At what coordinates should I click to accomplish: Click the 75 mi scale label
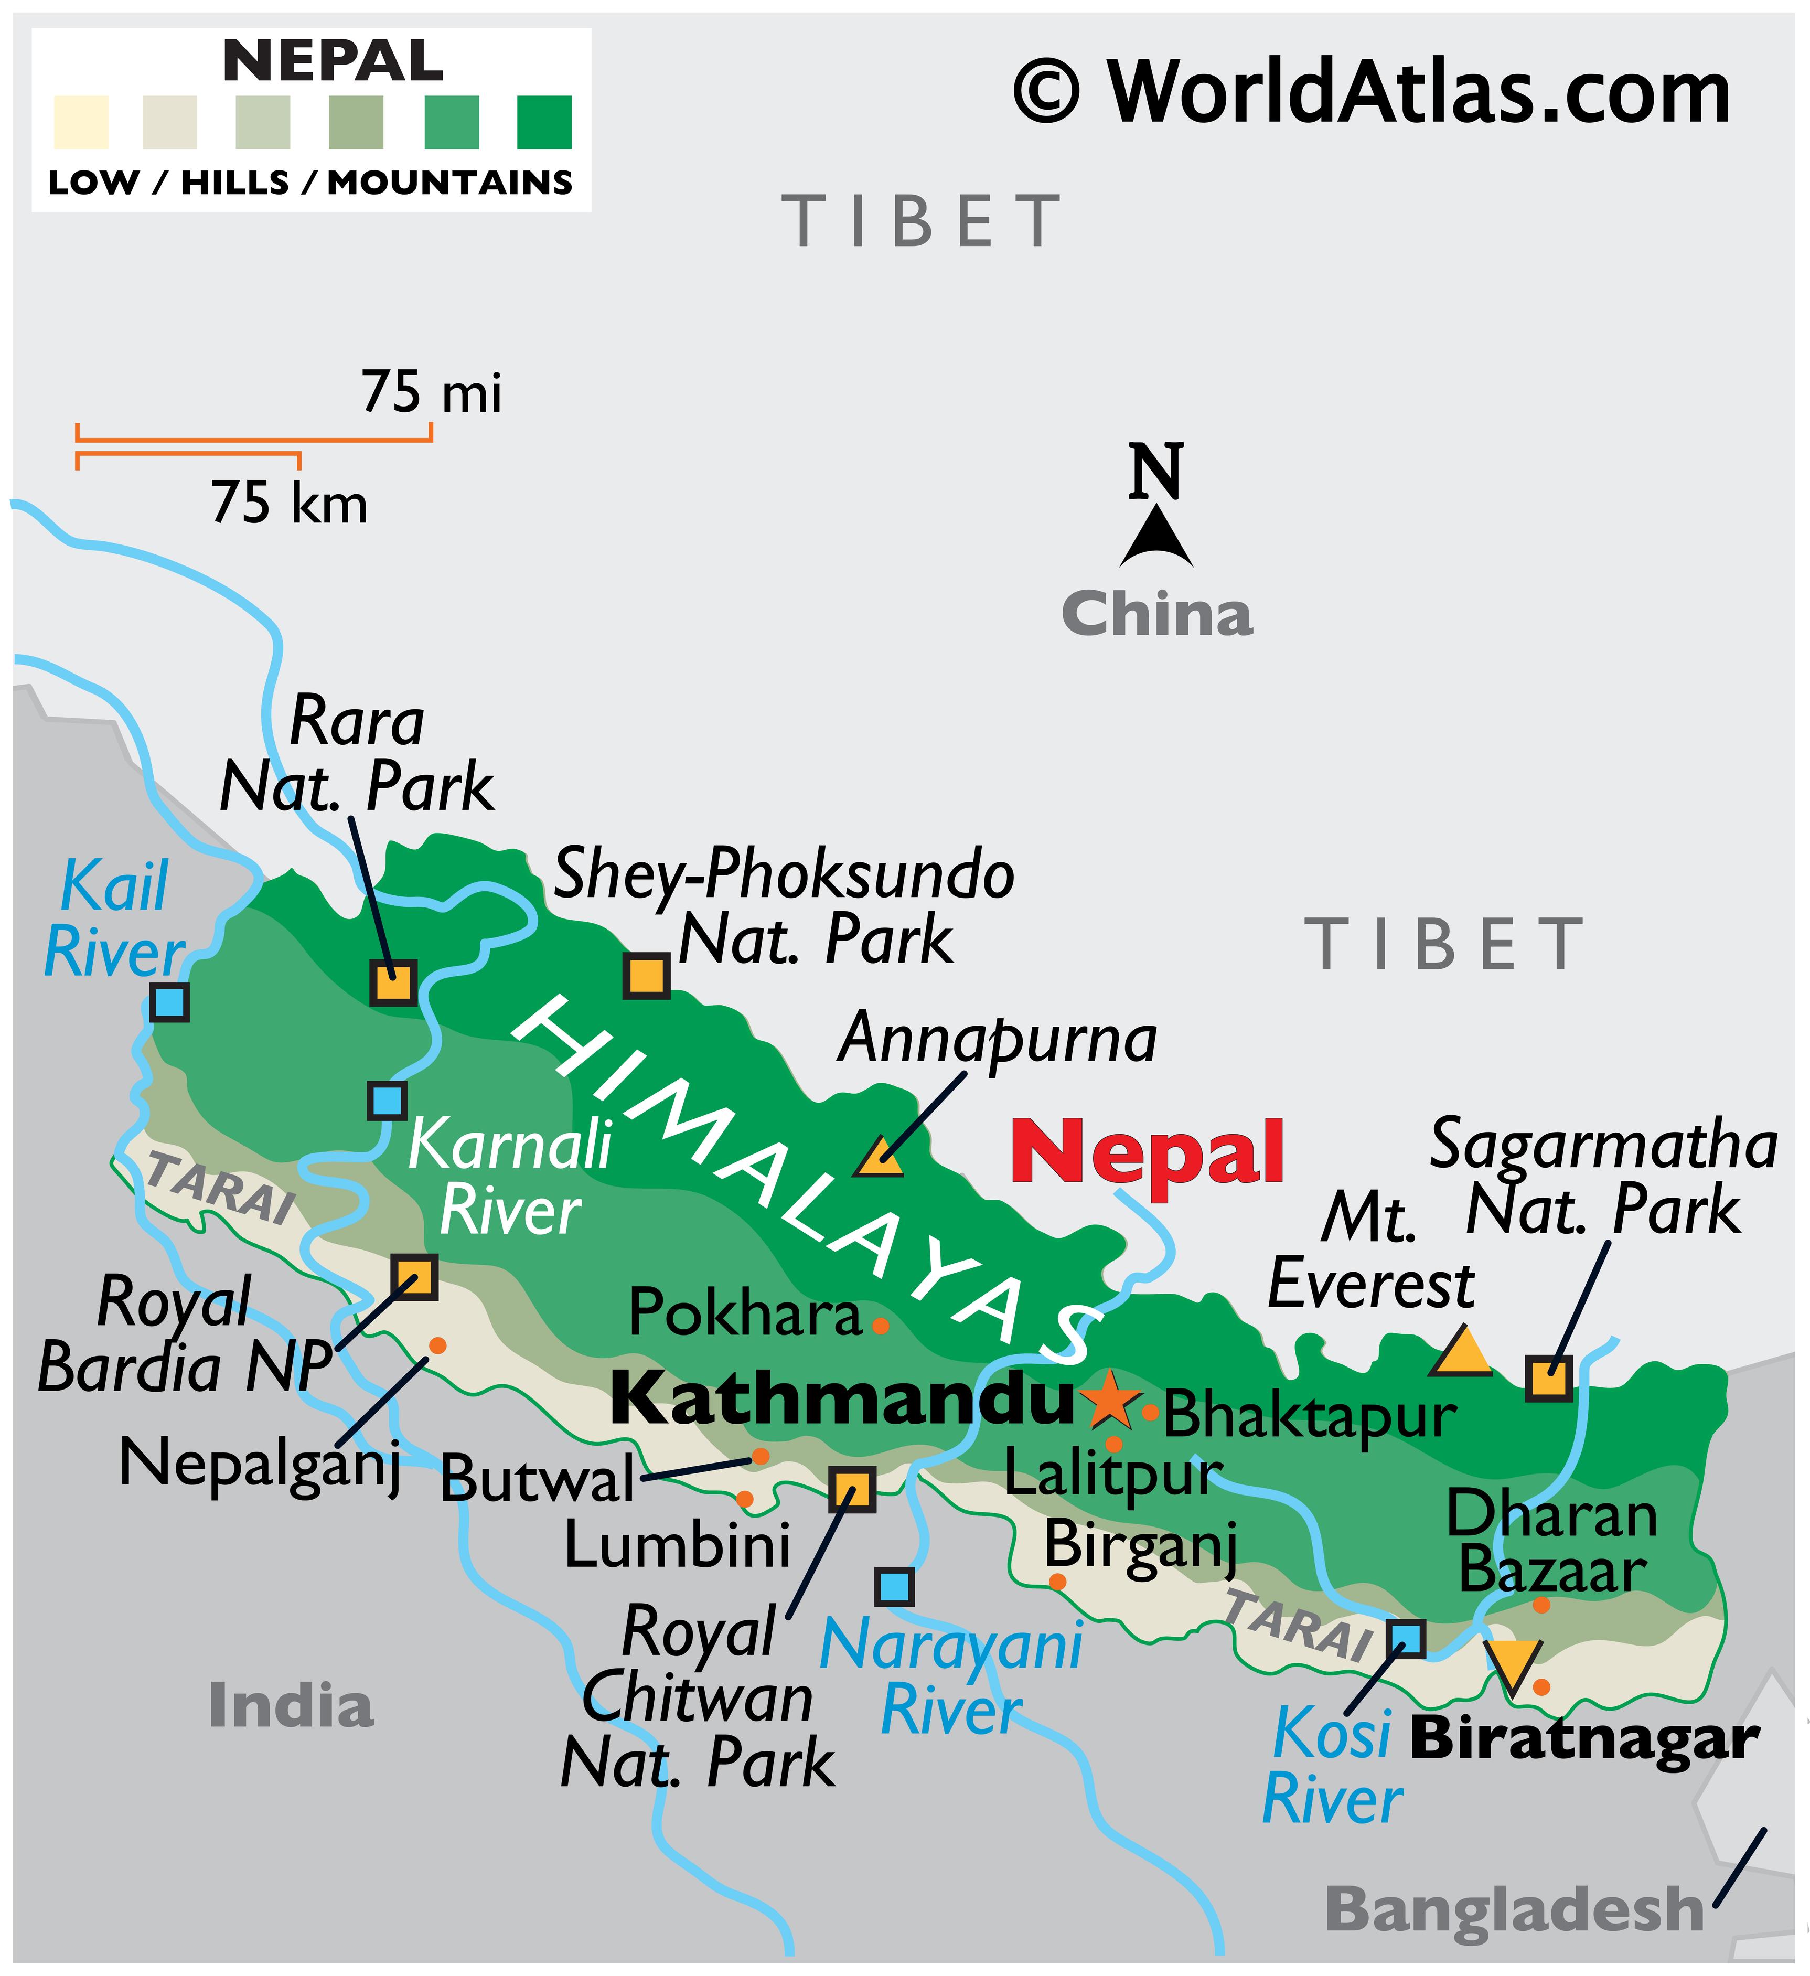pyautogui.click(x=431, y=393)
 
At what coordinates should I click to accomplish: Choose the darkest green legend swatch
pyautogui.click(x=544, y=123)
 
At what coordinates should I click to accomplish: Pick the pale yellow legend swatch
pyautogui.click(x=81, y=123)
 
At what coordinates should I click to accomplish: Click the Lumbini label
pyautogui.click(x=677, y=1546)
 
